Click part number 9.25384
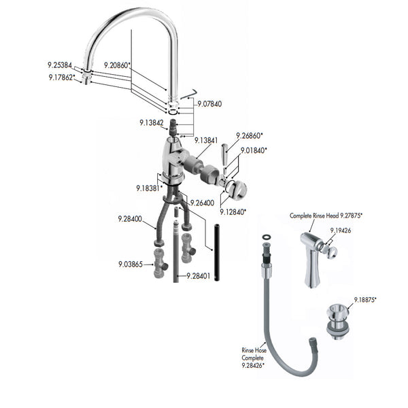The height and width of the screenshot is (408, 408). coord(59,65)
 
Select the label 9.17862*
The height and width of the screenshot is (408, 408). coord(61,78)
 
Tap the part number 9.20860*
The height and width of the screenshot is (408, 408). coord(117,65)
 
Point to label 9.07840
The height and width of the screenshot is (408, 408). coord(209,104)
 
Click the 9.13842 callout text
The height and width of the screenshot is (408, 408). coord(151,123)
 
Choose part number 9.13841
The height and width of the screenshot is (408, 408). coord(206,140)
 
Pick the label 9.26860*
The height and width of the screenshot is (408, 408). coord(250,135)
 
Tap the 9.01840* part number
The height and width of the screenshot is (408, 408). coord(253,150)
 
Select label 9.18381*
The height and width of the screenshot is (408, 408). coord(149,188)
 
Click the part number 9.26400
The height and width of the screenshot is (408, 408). coord(202,203)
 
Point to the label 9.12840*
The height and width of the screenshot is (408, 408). coord(233,211)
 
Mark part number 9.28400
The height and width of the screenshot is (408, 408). coord(129,219)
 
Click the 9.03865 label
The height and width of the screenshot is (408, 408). coord(130,264)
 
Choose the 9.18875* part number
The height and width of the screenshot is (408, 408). coord(365,299)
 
